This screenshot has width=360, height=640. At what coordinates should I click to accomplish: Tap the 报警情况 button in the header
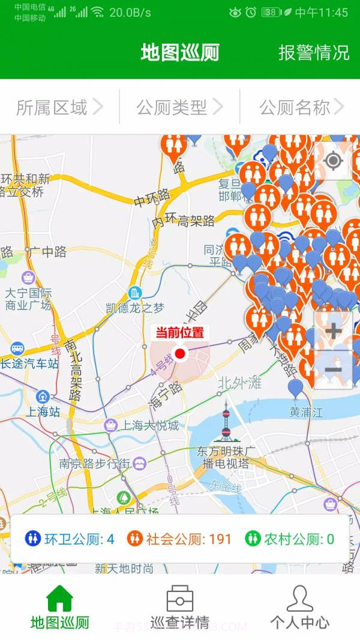pos(313,52)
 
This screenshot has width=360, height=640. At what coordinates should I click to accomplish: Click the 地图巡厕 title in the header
pos(180,52)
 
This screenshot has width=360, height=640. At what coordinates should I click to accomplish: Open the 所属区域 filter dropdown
pos(59,107)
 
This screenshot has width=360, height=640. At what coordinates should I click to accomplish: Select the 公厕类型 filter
pos(179,107)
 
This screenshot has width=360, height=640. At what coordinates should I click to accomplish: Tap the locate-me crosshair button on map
pos(333,161)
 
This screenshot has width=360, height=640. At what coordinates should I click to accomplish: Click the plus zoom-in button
pos(333,330)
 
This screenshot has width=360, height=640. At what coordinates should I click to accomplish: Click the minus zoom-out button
pos(333,369)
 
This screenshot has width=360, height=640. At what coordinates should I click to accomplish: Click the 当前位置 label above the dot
pos(180,332)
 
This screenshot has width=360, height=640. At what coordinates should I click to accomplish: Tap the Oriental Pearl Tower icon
pos(226,422)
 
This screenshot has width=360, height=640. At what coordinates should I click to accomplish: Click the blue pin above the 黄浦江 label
pos(295,388)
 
